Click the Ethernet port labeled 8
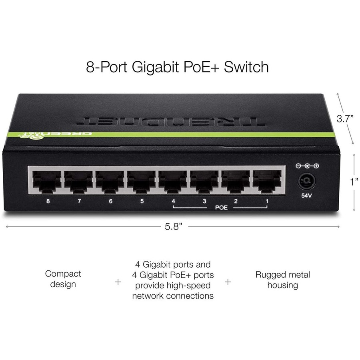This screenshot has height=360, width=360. pyautogui.click(x=47, y=182)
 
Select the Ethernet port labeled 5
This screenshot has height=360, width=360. pyautogui.click(x=141, y=182)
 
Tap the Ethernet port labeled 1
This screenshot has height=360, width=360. pyautogui.click(x=266, y=182)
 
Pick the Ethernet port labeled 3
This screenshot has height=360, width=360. pyautogui.click(x=204, y=182)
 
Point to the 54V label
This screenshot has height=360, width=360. pyautogui.click(x=306, y=196)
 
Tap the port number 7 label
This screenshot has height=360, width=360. pyautogui.click(x=79, y=201)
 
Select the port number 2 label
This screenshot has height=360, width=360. pyautogui.click(x=236, y=201)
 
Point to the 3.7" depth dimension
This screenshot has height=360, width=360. pyautogui.click(x=344, y=119)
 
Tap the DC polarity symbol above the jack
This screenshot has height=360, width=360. pyautogui.click(x=307, y=166)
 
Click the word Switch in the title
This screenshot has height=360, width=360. pyautogui.click(x=246, y=67)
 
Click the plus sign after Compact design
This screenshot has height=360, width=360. pyautogui.click(x=118, y=282)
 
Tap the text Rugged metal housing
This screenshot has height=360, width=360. pyautogui.click(x=282, y=280)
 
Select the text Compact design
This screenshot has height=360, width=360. pyautogui.click(x=63, y=279)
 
